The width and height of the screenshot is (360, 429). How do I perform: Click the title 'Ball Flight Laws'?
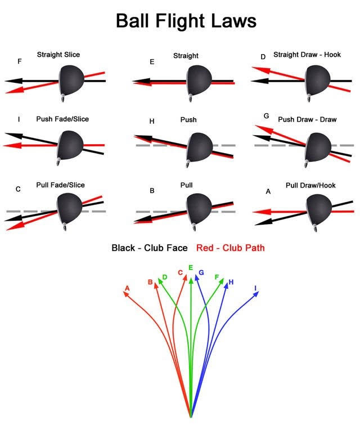coord(186,21)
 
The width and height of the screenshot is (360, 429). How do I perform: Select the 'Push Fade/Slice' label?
coord(62,119)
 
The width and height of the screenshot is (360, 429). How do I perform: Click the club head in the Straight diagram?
coord(200,80)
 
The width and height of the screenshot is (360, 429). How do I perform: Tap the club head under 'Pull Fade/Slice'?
coord(70,209)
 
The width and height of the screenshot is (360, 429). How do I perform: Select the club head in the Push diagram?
coord(200,148)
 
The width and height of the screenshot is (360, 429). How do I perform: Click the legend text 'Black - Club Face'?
coord(150,248)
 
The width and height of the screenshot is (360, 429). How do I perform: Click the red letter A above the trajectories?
coord(127,288)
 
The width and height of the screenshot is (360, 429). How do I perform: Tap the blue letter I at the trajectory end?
coord(256,288)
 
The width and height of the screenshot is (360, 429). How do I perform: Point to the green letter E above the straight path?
coord(191,268)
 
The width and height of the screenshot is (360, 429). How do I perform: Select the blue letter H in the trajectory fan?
coord(231,281)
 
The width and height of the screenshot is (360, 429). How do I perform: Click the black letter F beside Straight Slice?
coord(20,61)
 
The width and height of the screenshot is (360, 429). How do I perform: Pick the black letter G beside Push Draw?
coord(266,115)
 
